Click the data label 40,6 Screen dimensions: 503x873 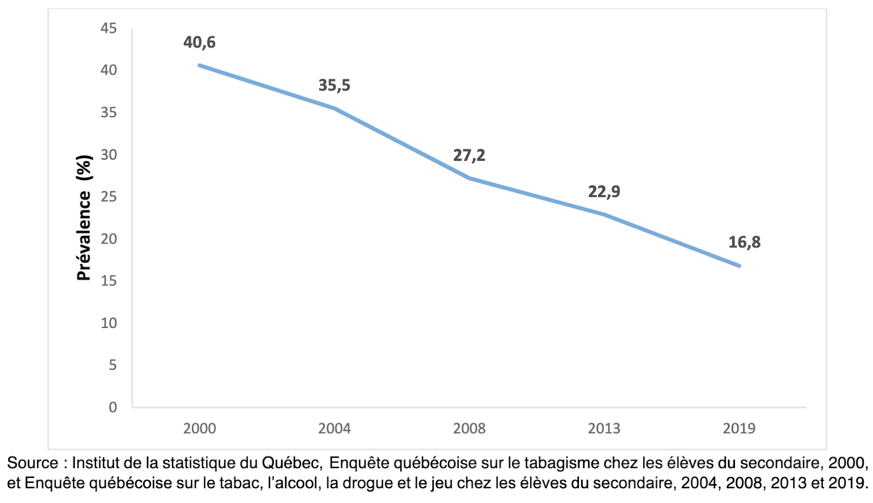click(x=199, y=43)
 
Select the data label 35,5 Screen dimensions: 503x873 click(x=334, y=86)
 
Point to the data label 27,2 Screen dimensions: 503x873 click(x=469, y=156)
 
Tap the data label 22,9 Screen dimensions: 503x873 click(x=604, y=192)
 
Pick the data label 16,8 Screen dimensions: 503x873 click(x=744, y=243)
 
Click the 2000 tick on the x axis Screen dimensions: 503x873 click(x=199, y=429)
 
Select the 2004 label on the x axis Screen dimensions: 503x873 click(x=334, y=429)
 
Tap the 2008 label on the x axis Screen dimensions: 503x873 click(x=469, y=429)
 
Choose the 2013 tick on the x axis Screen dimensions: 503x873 click(x=604, y=429)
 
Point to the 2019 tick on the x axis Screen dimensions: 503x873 click(x=739, y=429)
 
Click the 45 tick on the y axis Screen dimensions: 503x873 click(x=109, y=28)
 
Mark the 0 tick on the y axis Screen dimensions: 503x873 click(x=112, y=408)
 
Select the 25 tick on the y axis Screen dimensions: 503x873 click(x=109, y=197)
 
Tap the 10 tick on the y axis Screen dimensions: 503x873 click(x=109, y=323)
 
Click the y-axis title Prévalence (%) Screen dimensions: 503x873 click(x=84, y=218)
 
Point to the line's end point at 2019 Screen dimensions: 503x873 click(x=739, y=266)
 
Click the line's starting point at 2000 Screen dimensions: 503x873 click(x=200, y=65)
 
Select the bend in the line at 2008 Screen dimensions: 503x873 click(x=469, y=178)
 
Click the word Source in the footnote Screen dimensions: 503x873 click(x=32, y=464)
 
